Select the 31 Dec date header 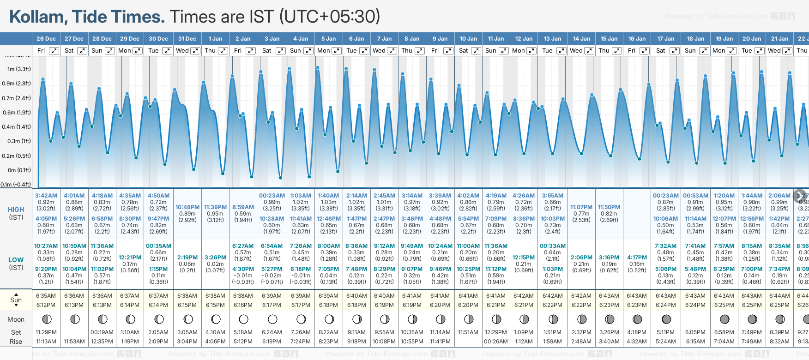click(x=187, y=39)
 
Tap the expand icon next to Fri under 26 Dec click(x=54, y=51)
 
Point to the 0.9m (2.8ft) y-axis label click(x=16, y=84)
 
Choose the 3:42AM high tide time click(x=46, y=196)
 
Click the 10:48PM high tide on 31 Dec click(x=187, y=207)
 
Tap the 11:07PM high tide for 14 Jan click(x=581, y=207)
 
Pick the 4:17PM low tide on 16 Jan click(x=637, y=258)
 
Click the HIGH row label click(x=16, y=210)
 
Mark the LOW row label click(x=16, y=260)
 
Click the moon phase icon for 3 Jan click(x=272, y=319)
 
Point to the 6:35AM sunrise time click(x=46, y=296)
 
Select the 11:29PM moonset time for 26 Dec click(x=46, y=332)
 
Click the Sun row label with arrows click(x=16, y=300)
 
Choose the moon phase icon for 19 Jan click(x=724, y=319)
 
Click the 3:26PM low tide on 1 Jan click(x=215, y=258)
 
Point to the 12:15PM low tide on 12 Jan click(x=524, y=258)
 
